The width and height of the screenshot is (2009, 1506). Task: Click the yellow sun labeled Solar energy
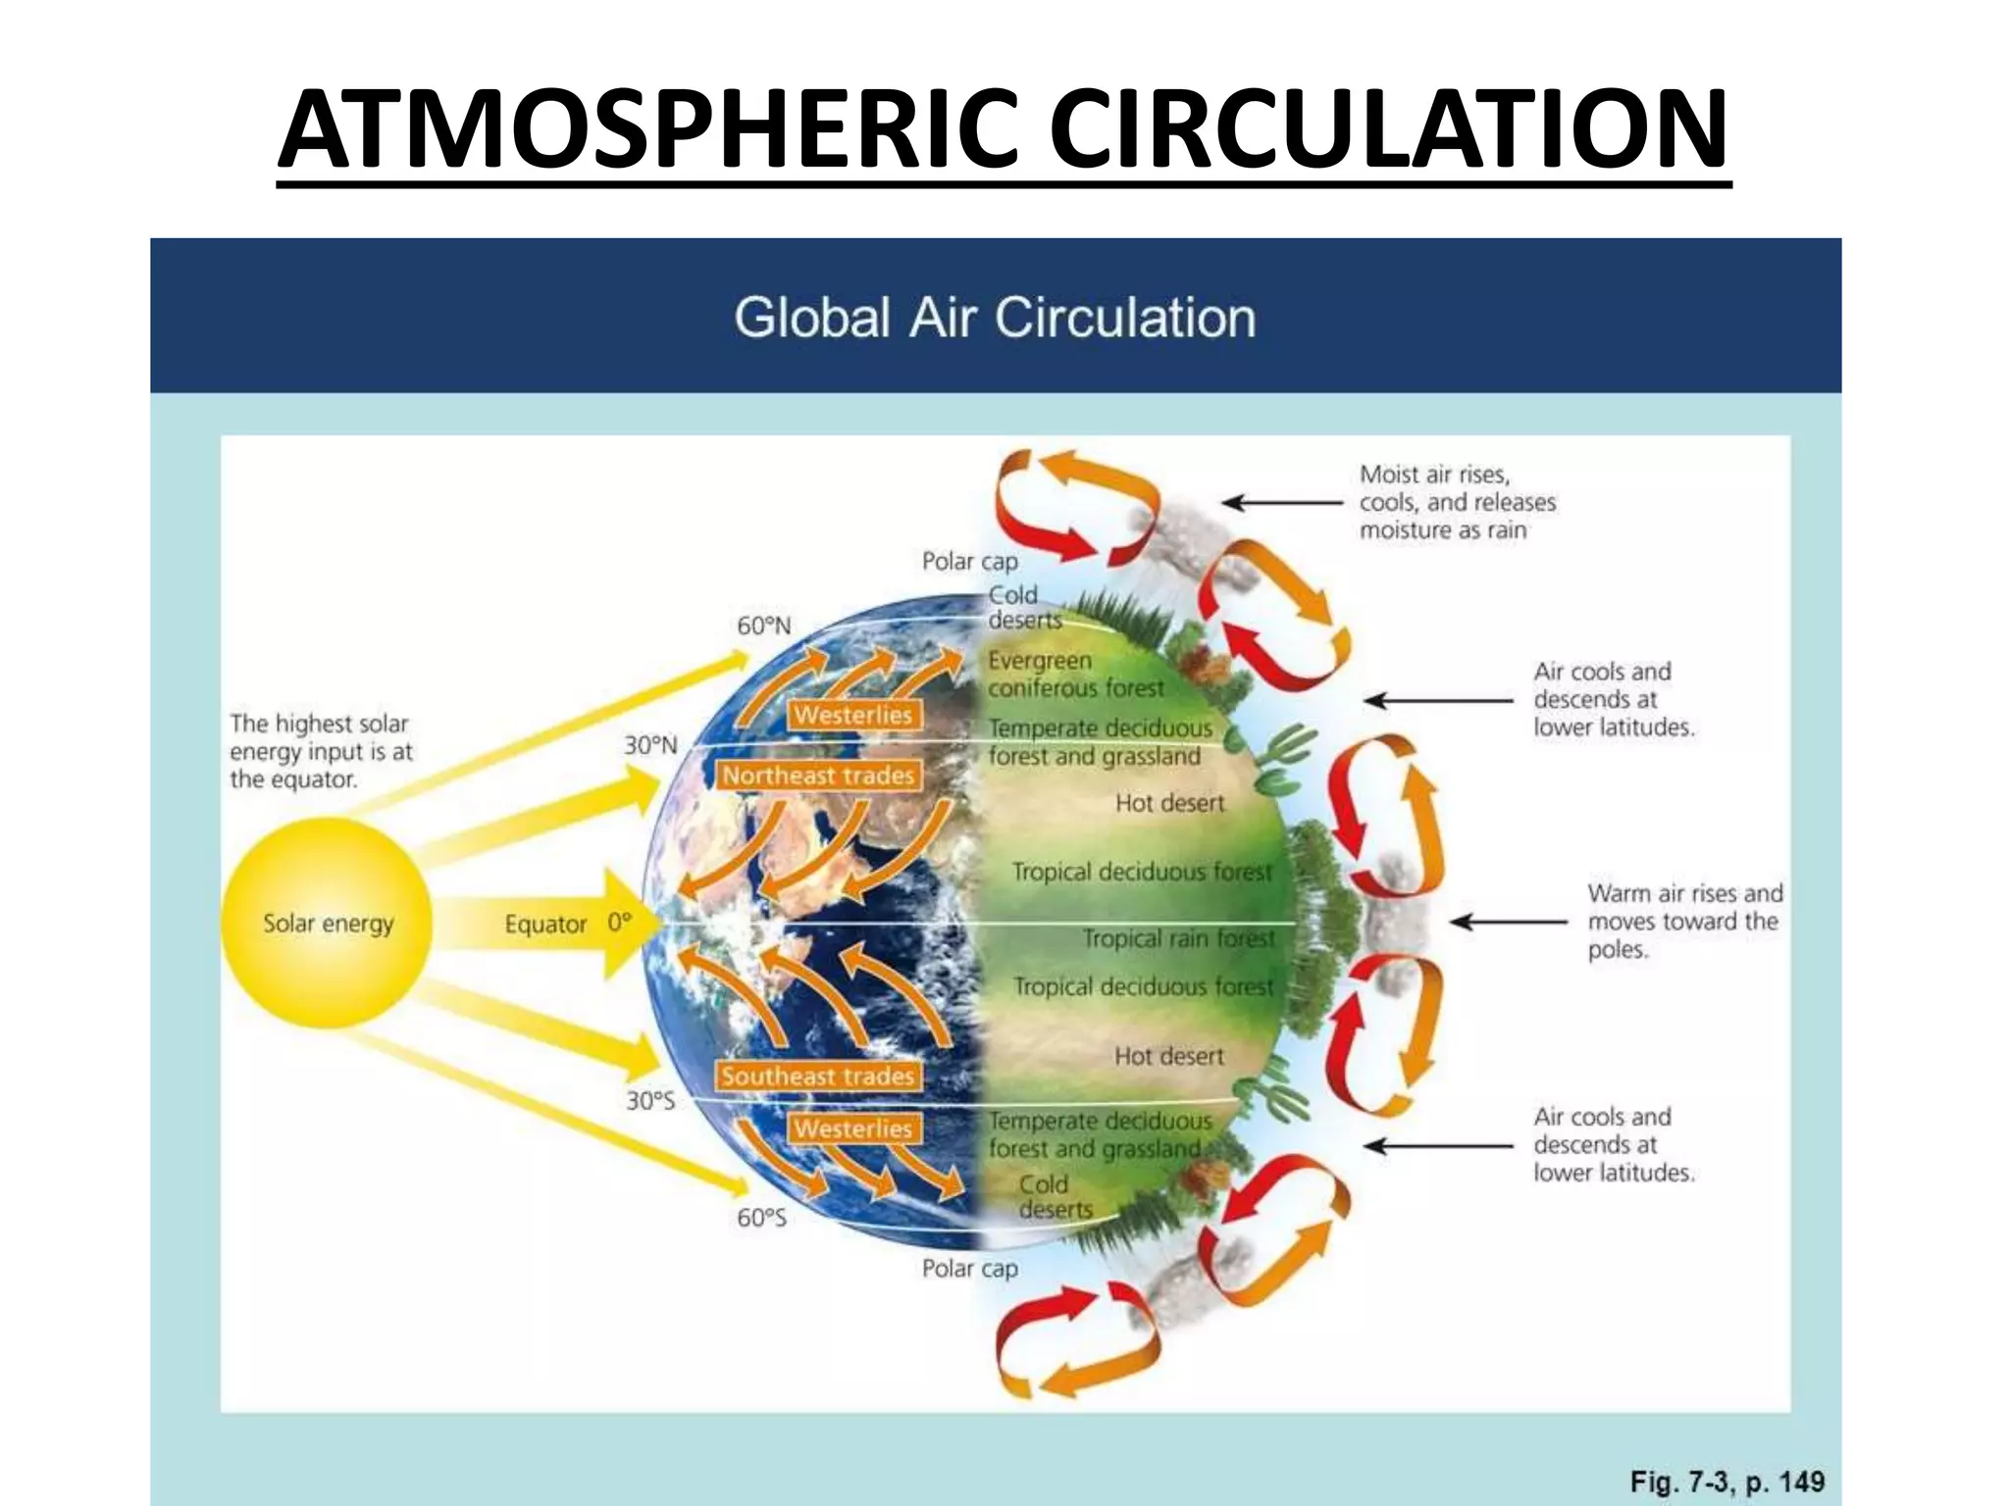[x=327, y=923]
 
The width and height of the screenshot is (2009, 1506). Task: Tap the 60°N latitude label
[x=763, y=626]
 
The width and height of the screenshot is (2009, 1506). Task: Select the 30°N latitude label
[x=650, y=745]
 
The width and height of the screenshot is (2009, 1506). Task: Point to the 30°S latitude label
[x=650, y=1100]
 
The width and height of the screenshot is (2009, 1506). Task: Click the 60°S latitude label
[x=761, y=1218]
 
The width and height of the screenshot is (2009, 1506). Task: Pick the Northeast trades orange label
[x=818, y=776]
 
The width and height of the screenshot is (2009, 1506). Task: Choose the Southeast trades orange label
[x=818, y=1076]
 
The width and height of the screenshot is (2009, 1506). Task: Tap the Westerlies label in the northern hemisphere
[x=852, y=715]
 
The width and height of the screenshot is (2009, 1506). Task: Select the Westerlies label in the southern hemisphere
[x=852, y=1129]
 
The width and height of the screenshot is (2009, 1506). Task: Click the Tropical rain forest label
[x=1178, y=938]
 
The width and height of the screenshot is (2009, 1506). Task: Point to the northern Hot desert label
[x=1169, y=803]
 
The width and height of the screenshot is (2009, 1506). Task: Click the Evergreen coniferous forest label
[x=1075, y=675]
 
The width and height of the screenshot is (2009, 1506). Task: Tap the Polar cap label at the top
[x=969, y=561]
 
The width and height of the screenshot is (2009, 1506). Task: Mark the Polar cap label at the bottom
[x=969, y=1269]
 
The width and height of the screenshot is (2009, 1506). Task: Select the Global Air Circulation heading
[x=995, y=318]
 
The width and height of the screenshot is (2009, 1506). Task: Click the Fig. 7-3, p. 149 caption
[x=1726, y=1481]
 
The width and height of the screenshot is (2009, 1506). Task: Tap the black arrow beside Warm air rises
[x=1508, y=922]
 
